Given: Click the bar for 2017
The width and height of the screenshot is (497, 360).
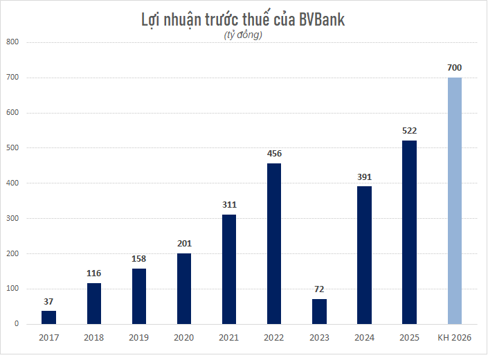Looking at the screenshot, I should tap(48, 317).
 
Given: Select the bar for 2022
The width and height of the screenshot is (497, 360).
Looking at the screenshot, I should tap(273, 244).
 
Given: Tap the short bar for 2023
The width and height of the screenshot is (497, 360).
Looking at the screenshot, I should tap(319, 312).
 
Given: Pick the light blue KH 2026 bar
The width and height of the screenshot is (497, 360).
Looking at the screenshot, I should tap(454, 201).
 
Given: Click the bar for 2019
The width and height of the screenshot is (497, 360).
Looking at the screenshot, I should tap(138, 296).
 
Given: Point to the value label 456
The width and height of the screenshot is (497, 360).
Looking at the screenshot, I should tap(274, 154).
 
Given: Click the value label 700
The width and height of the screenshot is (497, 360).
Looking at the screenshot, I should tap(454, 68).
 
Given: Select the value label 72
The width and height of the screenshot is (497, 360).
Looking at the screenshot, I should tap(319, 289).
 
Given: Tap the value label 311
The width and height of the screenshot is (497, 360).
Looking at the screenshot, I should tap(229, 205).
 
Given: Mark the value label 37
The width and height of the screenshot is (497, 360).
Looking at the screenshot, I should tap(48, 301).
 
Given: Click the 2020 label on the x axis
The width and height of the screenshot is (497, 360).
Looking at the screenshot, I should tap(184, 337).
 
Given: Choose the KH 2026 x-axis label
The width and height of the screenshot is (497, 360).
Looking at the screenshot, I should tap(454, 337).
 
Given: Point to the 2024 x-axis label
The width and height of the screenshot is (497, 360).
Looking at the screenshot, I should tap(364, 337).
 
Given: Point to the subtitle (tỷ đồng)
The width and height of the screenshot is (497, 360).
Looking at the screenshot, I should tap(244, 35).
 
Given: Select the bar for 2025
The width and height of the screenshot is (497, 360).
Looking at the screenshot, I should tap(409, 233).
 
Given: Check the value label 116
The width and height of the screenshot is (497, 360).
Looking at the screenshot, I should tap(93, 273).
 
